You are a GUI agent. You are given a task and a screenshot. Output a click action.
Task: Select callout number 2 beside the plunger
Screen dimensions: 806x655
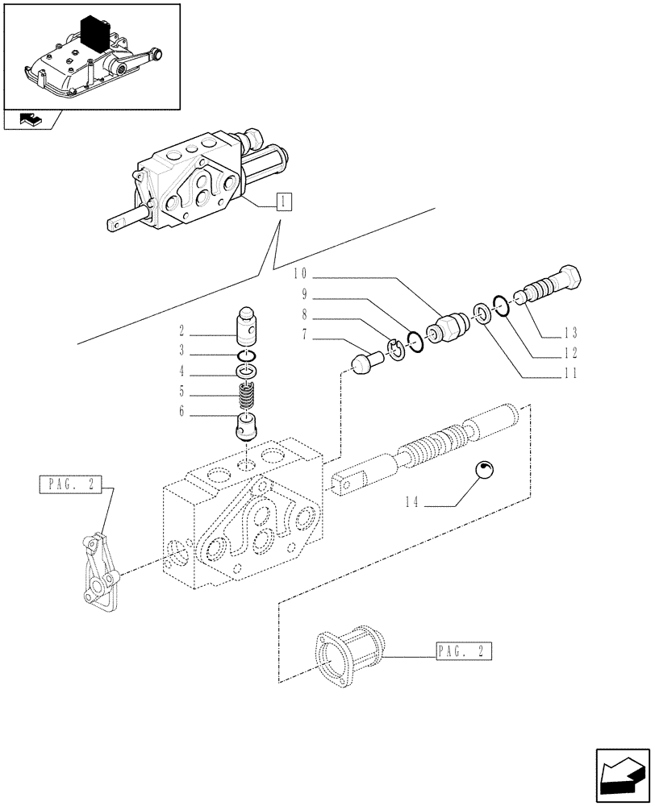point(182,330)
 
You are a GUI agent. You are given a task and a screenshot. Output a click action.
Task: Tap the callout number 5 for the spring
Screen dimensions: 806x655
point(182,393)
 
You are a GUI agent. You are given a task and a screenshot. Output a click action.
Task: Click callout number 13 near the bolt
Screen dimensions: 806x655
point(572,332)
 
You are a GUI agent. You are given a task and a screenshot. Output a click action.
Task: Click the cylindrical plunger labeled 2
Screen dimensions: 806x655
point(248,326)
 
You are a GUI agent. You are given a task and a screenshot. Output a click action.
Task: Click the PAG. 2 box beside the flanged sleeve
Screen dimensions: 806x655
point(463,650)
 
